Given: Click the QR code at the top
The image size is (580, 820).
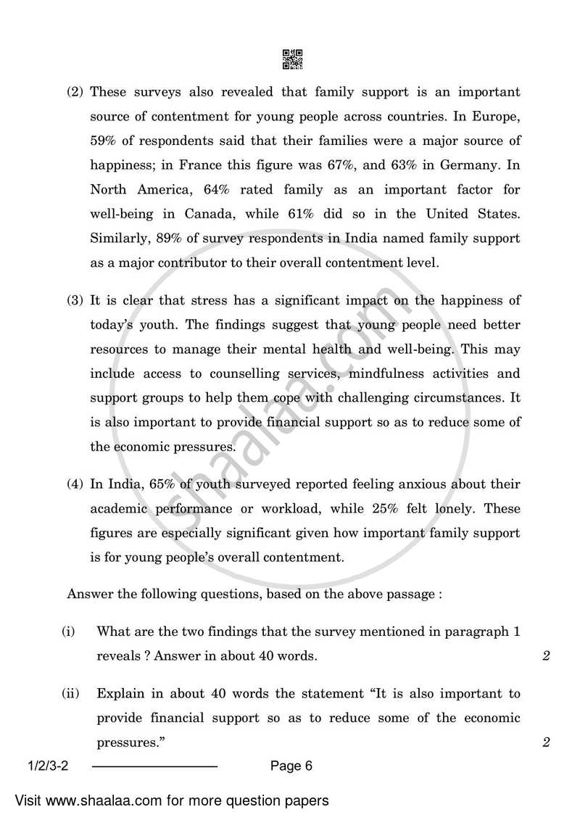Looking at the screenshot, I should (x=291, y=59).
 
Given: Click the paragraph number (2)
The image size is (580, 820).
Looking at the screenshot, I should (x=75, y=92).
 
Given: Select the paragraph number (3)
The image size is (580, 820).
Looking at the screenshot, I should (x=75, y=300).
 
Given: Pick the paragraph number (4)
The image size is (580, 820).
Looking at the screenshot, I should (x=75, y=484).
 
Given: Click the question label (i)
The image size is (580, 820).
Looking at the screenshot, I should (x=67, y=631).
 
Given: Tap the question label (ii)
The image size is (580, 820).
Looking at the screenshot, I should (x=70, y=693).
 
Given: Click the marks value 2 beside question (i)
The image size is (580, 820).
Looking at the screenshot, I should (x=546, y=657).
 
